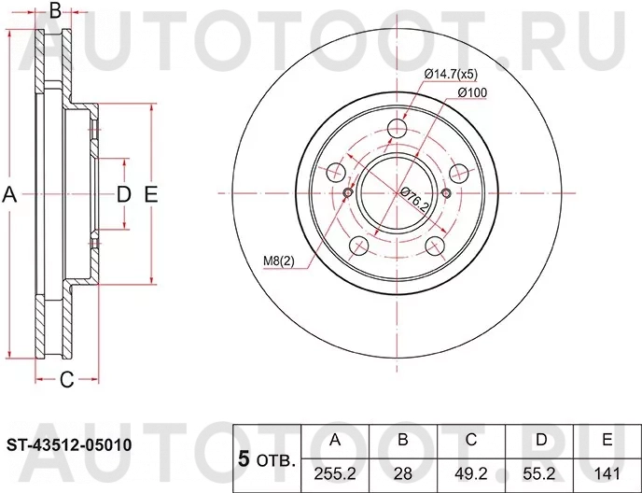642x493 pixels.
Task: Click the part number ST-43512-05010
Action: (70, 445)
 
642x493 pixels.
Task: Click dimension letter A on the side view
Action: (10, 194)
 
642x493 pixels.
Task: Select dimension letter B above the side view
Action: (54, 12)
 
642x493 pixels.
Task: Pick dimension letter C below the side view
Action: (66, 379)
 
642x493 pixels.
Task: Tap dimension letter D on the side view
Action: (123, 194)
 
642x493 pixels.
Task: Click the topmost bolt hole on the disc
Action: (398, 130)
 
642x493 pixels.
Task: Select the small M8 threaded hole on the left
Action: (348, 193)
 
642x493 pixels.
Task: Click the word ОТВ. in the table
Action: (276, 460)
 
